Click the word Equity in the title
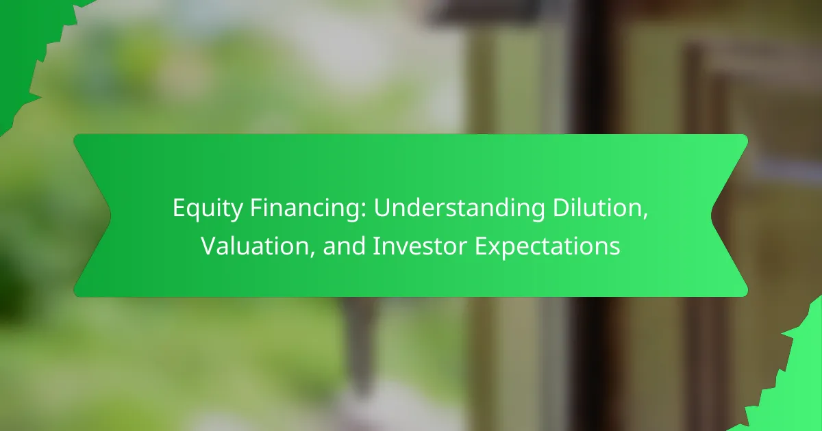(x=208, y=209)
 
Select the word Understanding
(x=459, y=209)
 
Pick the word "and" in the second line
(x=344, y=246)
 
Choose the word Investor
(x=420, y=246)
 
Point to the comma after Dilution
(x=645, y=217)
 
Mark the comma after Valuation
(x=312, y=255)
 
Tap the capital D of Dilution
(x=561, y=208)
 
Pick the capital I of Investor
(x=376, y=246)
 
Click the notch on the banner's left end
(x=111, y=215)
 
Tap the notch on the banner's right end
(x=711, y=215)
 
